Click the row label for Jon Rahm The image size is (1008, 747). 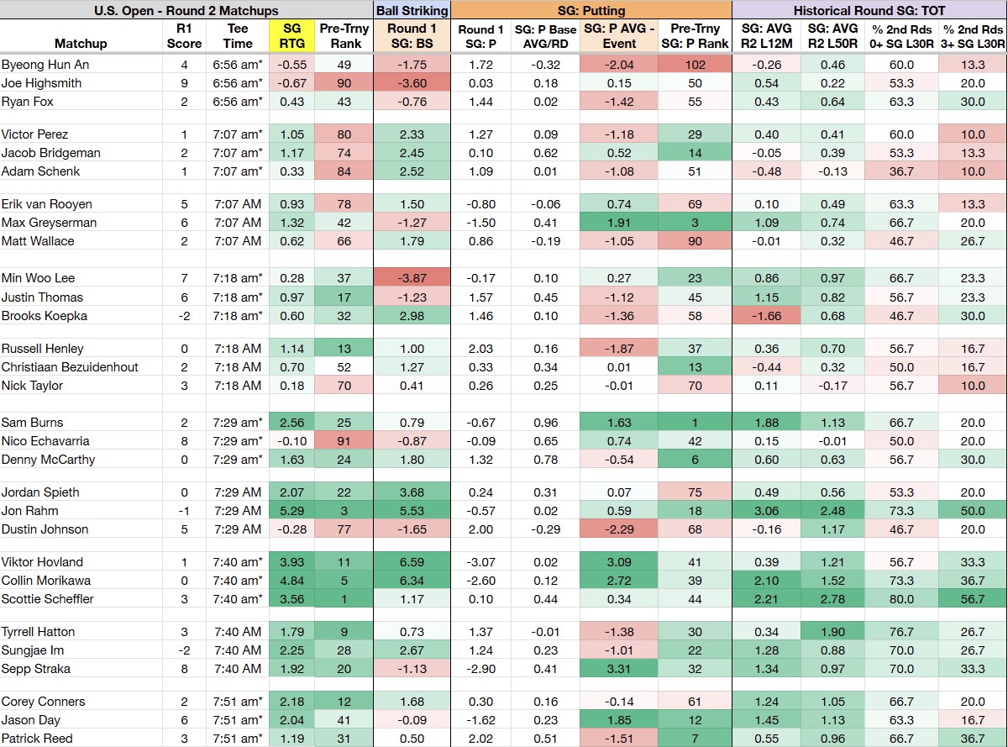[x=30, y=511]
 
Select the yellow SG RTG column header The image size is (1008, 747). [x=291, y=36]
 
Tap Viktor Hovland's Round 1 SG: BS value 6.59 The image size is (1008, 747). [x=412, y=562]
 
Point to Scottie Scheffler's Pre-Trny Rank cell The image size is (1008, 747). [x=344, y=599]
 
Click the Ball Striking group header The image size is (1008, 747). [x=412, y=10]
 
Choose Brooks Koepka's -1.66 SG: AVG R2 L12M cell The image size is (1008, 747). [x=766, y=316]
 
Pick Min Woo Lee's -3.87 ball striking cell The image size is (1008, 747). [x=412, y=278]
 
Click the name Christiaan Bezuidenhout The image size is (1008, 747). [x=70, y=367]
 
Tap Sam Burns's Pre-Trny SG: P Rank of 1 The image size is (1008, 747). [x=695, y=423]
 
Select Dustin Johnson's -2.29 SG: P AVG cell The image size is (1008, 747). [x=619, y=529]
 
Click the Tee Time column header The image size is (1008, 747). [x=238, y=36]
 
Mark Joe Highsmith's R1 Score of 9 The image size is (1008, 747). [x=184, y=82]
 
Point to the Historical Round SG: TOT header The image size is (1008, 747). [x=869, y=10]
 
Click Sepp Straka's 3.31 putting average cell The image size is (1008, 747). [x=619, y=668]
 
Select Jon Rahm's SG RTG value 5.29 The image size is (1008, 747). [x=291, y=511]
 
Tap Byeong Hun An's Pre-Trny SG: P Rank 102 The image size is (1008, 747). [x=695, y=65]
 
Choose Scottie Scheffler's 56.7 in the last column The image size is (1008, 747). [x=973, y=599]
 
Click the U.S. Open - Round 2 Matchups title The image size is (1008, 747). [x=186, y=10]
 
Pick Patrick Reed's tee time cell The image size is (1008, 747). [x=238, y=739]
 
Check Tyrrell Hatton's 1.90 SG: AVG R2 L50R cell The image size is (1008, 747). [x=832, y=632]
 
